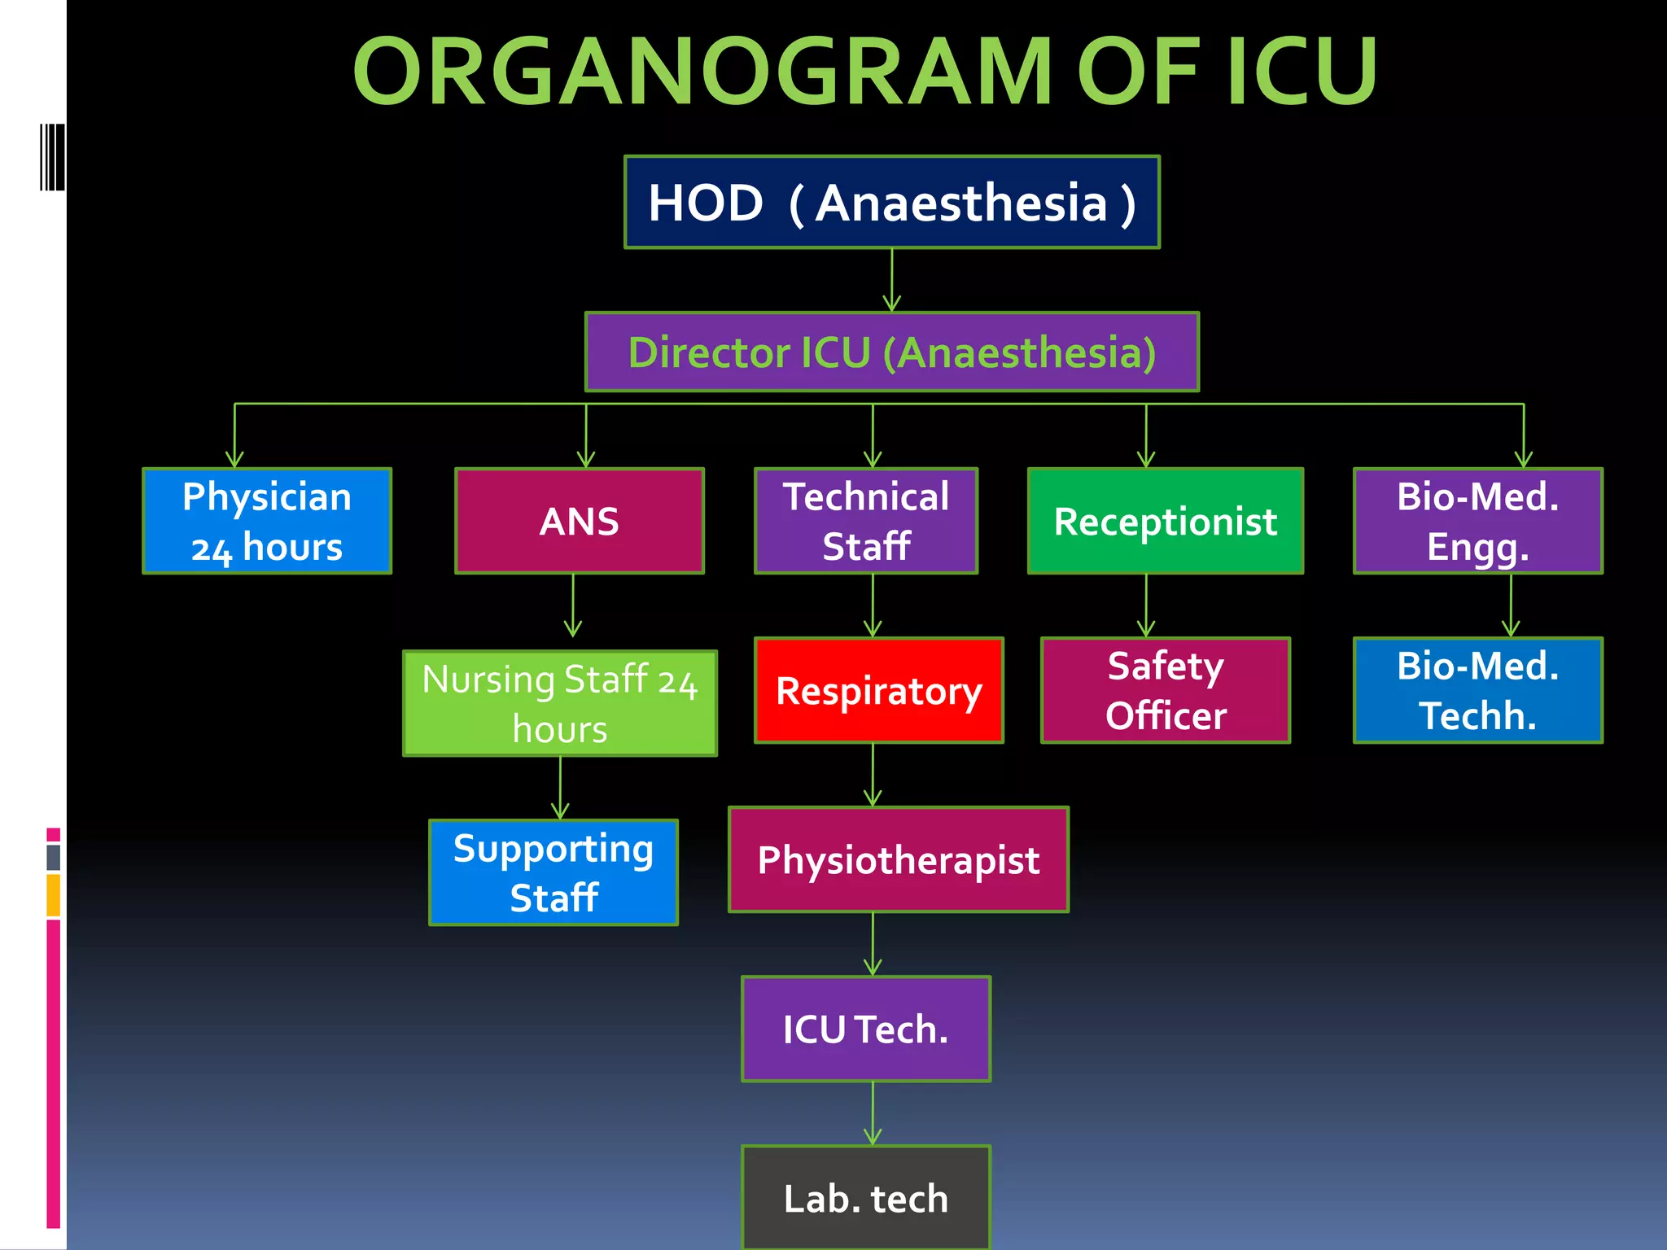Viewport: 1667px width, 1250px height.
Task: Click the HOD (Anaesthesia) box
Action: pyautogui.click(x=892, y=202)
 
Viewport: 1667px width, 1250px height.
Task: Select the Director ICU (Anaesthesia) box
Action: pyautogui.click(x=892, y=352)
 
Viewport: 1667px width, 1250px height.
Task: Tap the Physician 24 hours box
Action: pyautogui.click(x=267, y=521)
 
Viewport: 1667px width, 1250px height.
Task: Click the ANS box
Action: pyautogui.click(x=580, y=521)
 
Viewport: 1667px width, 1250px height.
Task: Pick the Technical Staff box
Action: pyautogui.click(x=866, y=521)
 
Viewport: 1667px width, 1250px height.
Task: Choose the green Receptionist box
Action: pyautogui.click(x=1166, y=521)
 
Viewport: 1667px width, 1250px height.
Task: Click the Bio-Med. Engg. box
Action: pyautogui.click(x=1478, y=521)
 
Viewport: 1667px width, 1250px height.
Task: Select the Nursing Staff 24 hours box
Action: pyautogui.click(x=560, y=703)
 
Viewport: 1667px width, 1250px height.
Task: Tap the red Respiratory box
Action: pyautogui.click(x=879, y=690)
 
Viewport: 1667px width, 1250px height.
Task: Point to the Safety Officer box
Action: pyautogui.click(x=1166, y=690)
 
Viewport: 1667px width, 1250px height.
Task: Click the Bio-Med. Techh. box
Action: pyautogui.click(x=1478, y=690)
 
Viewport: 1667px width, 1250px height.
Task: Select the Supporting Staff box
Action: pyautogui.click(x=553, y=872)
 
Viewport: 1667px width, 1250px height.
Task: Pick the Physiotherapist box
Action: pyautogui.click(x=899, y=859)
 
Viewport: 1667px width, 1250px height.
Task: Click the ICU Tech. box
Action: pyautogui.click(x=866, y=1029)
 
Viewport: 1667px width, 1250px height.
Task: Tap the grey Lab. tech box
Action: pyautogui.click(x=866, y=1198)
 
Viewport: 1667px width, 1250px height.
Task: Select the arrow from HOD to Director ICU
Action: pyautogui.click(x=892, y=281)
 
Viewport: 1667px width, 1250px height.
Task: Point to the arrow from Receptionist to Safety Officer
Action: pyautogui.click(x=1146, y=606)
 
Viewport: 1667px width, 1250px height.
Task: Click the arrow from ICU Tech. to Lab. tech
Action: pyautogui.click(x=873, y=1113)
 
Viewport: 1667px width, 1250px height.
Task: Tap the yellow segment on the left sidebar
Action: pyautogui.click(x=54, y=895)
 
